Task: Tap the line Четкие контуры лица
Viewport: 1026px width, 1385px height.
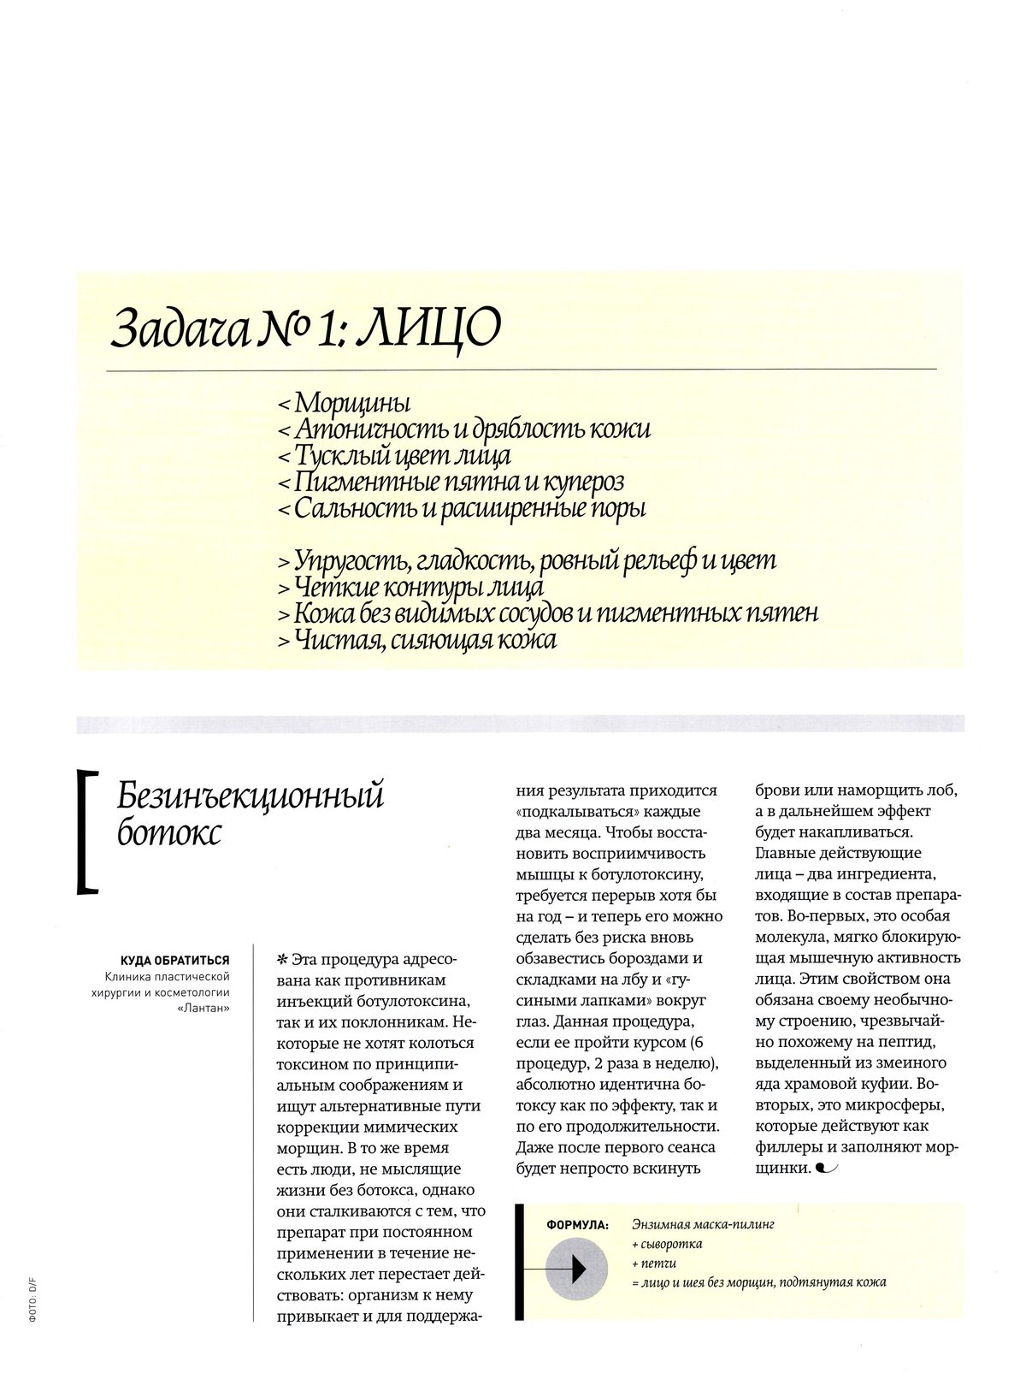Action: point(410,588)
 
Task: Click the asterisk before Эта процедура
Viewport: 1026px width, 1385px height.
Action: point(282,959)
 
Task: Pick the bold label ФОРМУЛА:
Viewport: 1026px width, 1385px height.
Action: point(577,1225)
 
